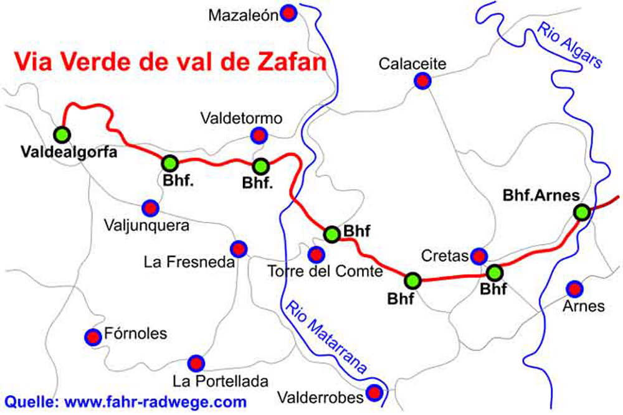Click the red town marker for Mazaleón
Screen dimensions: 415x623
pyautogui.click(x=288, y=12)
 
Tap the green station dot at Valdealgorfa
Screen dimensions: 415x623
pyautogui.click(x=62, y=134)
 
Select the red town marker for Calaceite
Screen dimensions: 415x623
pyautogui.click(x=423, y=81)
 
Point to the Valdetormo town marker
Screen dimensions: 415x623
pyautogui.click(x=258, y=135)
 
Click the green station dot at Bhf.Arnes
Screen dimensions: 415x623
pyautogui.click(x=582, y=212)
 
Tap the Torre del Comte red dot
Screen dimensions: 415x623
pyautogui.click(x=316, y=254)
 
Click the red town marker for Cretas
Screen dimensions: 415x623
pyautogui.click(x=479, y=255)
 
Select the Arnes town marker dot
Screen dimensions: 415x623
pyautogui.click(x=574, y=289)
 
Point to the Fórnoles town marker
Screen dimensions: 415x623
pyautogui.click(x=93, y=337)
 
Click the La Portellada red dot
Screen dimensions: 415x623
pyautogui.click(x=196, y=363)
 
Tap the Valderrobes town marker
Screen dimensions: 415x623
pyautogui.click(x=374, y=393)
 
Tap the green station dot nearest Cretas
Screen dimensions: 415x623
pyautogui.click(x=495, y=273)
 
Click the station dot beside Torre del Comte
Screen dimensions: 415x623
pyautogui.click(x=332, y=234)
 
